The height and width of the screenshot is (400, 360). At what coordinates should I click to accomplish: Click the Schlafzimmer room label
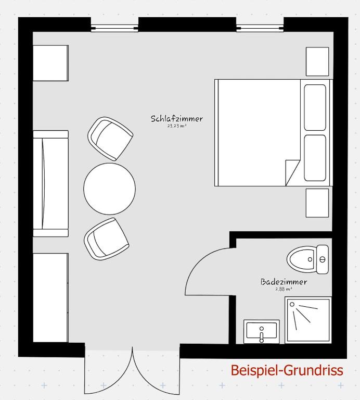pos(177,119)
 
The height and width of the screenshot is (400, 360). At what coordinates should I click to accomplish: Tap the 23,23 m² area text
pos(177,127)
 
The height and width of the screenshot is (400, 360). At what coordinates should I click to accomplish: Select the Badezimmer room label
pos(284,282)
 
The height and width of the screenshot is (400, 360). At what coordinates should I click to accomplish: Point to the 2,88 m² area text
pos(284,289)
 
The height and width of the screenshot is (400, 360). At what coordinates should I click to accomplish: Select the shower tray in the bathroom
pos(308,320)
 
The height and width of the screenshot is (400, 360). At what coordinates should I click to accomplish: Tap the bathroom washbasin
pos(262,332)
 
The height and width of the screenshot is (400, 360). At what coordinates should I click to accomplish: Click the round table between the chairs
pos(110,189)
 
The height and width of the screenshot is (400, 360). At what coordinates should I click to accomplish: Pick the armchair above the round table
pos(110,139)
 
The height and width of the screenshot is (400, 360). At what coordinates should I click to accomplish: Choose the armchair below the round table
pos(107,239)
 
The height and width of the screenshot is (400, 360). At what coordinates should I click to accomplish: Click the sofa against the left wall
pos(50,183)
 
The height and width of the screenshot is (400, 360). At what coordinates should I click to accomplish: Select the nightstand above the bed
pos(317,61)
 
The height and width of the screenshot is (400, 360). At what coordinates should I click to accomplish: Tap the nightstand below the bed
pos(317,203)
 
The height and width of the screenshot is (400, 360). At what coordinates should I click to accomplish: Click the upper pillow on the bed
pos(315,107)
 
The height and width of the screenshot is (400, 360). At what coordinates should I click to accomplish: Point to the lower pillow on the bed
pos(315,158)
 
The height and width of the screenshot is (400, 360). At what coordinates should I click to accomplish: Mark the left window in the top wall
pos(114,25)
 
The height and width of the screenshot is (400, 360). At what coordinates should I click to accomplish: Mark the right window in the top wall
pos(260,25)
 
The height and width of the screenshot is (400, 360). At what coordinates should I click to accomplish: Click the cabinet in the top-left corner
pos(50,63)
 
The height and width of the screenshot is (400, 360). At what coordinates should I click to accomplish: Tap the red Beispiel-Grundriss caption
pos(287,370)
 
